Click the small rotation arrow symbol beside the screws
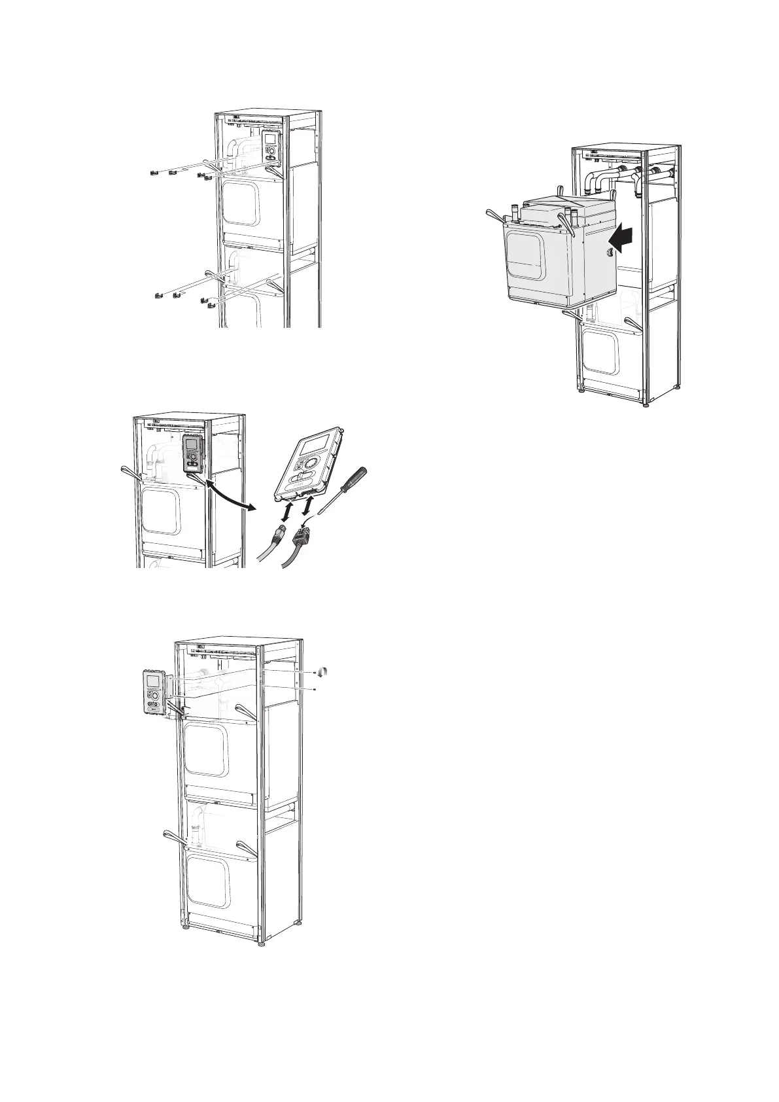tap(322, 672)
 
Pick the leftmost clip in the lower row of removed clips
tap(160, 295)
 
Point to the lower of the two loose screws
tap(315, 689)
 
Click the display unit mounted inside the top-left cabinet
tap(269, 144)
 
